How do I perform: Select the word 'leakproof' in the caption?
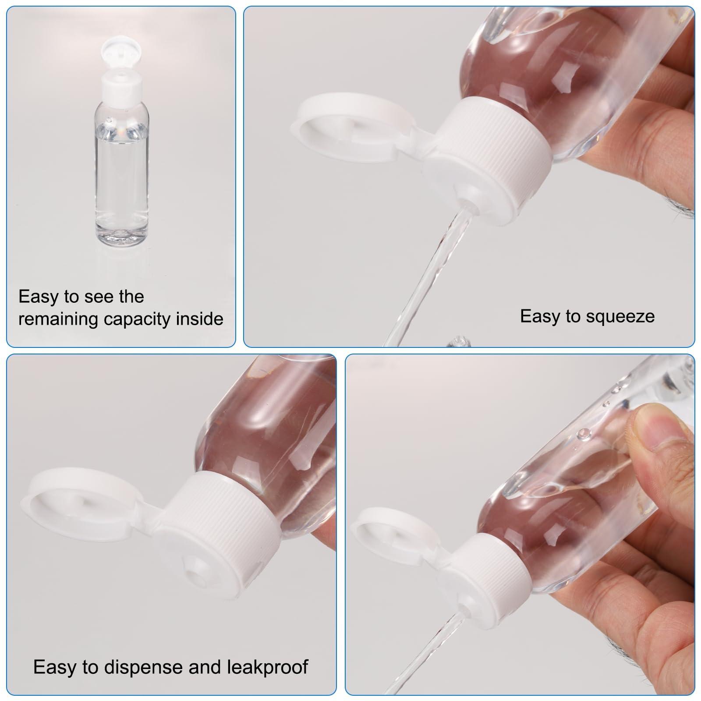(x=267, y=667)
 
